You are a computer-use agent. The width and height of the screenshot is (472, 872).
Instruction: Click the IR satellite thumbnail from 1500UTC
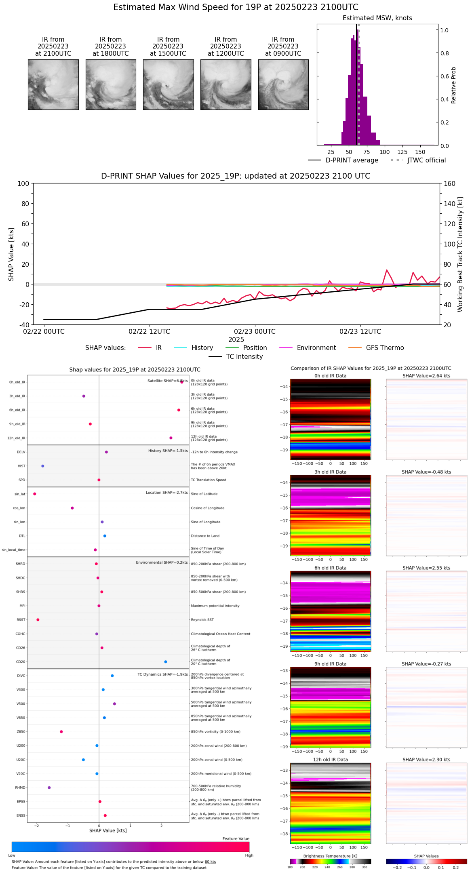click(168, 84)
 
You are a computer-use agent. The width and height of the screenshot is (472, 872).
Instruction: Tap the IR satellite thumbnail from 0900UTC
click(283, 84)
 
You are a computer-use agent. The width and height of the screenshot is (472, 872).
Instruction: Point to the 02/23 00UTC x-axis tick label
click(255, 332)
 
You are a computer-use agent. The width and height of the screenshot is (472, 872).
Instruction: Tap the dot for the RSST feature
click(38, 620)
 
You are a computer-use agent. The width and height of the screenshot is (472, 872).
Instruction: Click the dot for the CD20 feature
click(166, 662)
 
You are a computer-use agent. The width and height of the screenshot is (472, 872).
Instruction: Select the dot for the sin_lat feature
click(35, 494)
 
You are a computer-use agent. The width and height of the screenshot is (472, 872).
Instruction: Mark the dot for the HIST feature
click(43, 466)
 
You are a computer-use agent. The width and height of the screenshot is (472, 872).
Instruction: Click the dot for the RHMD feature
click(49, 788)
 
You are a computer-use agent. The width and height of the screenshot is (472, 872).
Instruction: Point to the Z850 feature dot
click(61, 732)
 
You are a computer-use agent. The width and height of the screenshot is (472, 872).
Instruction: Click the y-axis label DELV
click(21, 452)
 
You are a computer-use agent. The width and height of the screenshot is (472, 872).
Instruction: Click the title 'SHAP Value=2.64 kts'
click(426, 376)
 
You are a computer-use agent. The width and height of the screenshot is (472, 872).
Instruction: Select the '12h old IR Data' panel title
click(330, 760)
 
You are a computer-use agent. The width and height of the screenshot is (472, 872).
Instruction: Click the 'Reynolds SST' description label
click(202, 620)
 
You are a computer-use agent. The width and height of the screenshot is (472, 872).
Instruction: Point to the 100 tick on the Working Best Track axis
click(449, 244)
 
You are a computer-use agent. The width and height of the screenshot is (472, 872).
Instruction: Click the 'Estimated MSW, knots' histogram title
click(377, 18)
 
